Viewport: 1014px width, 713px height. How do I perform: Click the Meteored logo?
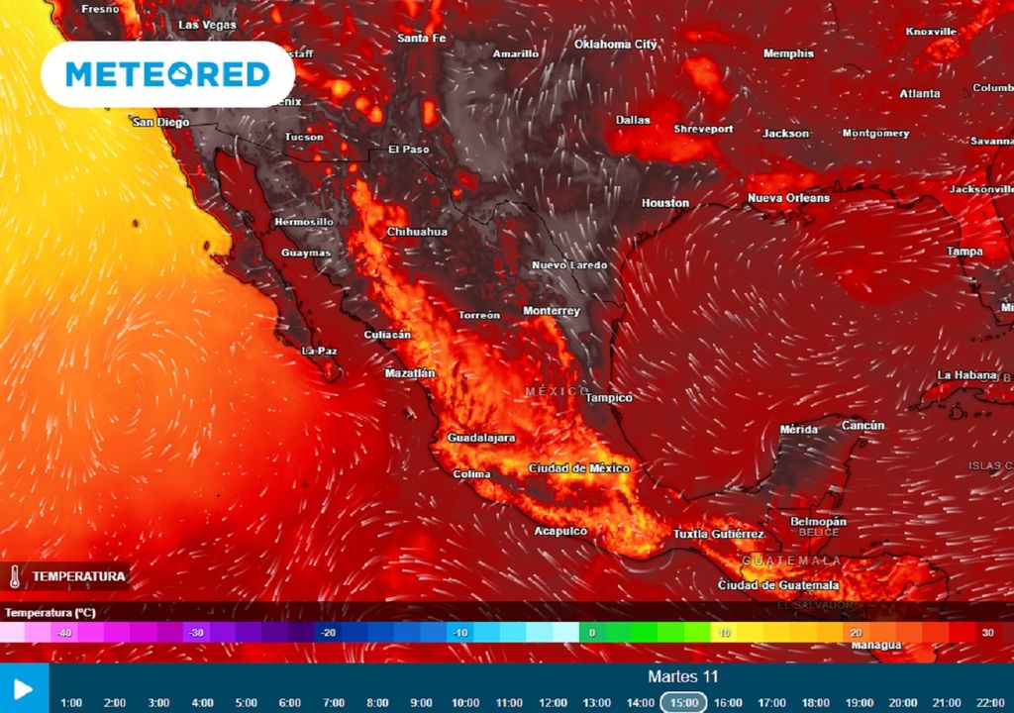[167, 74]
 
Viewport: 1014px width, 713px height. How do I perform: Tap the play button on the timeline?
[24, 688]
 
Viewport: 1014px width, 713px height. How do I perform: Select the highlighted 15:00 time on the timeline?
[684, 702]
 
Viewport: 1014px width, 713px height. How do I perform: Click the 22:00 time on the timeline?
[990, 702]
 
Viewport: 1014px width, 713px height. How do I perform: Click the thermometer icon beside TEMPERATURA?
[15, 576]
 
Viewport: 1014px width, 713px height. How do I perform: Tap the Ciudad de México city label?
[579, 467]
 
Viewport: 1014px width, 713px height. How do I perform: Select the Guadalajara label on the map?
[481, 437]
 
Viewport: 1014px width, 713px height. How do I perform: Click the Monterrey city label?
[552, 311]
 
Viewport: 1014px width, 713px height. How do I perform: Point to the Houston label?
[665, 203]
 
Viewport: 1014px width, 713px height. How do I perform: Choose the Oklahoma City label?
[616, 44]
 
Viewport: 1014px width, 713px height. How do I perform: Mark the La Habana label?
[966, 374]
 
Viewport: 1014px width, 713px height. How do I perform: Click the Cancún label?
[862, 425]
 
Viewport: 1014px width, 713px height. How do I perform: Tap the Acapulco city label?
[560, 531]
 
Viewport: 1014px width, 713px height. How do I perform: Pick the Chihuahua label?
[417, 232]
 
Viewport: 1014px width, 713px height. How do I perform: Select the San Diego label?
[160, 122]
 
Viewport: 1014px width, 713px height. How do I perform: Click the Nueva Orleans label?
[788, 198]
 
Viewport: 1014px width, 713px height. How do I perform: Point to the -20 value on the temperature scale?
[327, 633]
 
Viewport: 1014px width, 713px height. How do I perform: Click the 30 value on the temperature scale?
[987, 633]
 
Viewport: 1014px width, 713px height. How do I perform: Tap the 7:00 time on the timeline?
[334, 702]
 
